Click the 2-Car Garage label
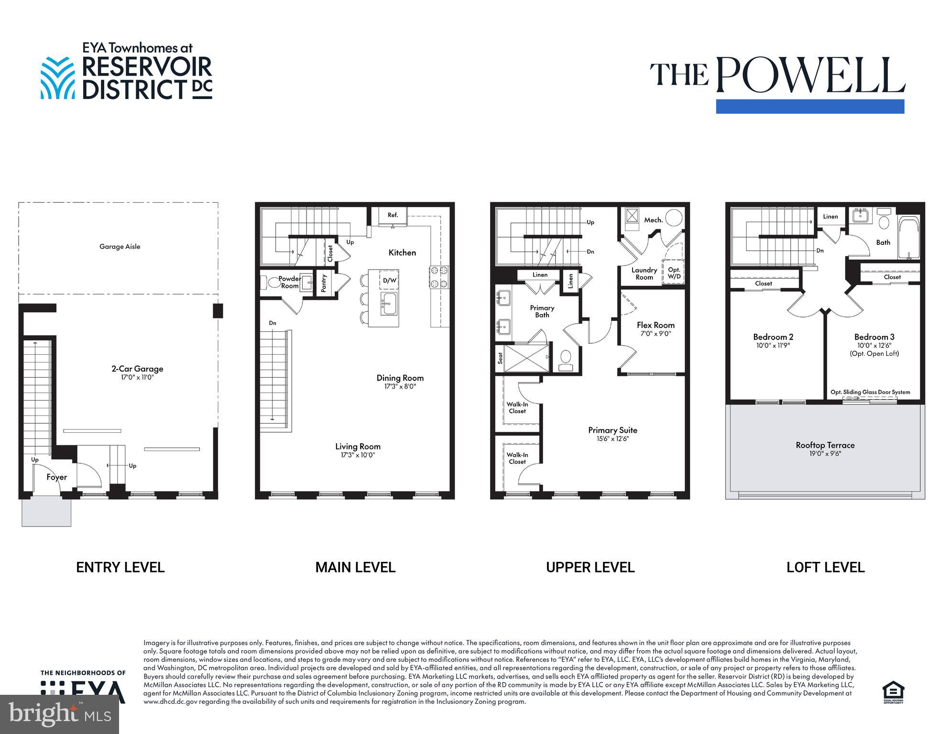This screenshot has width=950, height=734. tap(137, 369)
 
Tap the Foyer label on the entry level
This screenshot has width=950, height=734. tap(56, 477)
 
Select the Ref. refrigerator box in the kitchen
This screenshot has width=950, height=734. tap(393, 215)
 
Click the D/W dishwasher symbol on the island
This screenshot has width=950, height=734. tap(389, 280)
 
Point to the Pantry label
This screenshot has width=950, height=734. tap(324, 283)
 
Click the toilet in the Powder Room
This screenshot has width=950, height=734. tap(274, 282)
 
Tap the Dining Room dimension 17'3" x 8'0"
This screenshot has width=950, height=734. tap(400, 386)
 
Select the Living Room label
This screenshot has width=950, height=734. tap(358, 446)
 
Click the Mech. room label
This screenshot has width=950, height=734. tap(653, 220)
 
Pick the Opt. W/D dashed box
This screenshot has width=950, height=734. tap(673, 273)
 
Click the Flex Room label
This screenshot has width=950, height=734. tap(655, 325)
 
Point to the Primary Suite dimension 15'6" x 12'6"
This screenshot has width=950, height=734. tap(612, 438)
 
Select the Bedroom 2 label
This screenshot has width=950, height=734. tap(773, 337)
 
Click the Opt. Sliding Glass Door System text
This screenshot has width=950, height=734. tap(870, 392)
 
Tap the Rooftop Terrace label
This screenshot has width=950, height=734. tap(825, 445)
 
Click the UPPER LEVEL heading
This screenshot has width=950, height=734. tap(590, 567)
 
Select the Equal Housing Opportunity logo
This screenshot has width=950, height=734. tap(893, 692)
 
